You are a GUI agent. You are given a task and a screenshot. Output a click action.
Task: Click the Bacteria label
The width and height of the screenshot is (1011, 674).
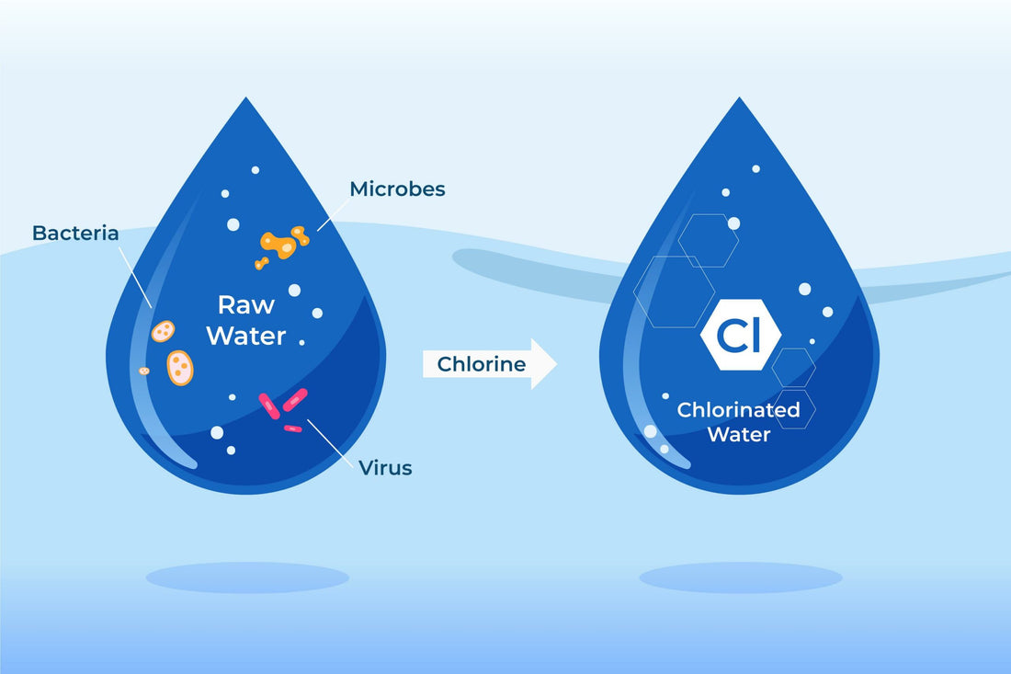[75, 234]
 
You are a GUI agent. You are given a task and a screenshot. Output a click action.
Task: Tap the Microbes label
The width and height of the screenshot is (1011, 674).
[397, 189]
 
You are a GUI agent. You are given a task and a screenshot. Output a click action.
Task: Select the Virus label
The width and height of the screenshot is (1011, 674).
[385, 468]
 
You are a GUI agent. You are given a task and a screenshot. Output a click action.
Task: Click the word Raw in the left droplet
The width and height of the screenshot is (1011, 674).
[246, 305]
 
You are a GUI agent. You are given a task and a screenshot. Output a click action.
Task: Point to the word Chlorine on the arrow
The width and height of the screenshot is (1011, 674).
[482, 364]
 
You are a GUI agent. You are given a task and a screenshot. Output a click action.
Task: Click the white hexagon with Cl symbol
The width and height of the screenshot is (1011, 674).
[740, 337]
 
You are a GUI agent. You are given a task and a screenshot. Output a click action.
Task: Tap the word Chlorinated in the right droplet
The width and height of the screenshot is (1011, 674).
[738, 410]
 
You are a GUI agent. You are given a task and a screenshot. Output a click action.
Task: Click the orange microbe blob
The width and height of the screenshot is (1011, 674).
[279, 244]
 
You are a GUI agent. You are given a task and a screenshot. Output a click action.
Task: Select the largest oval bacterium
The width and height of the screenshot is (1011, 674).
[180, 367]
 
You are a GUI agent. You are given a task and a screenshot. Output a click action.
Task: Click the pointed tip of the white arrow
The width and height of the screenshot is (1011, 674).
[555, 364]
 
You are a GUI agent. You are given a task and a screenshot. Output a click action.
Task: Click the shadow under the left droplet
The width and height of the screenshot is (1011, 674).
[247, 577]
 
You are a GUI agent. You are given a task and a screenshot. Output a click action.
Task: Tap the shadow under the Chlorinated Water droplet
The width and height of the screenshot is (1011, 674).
[741, 577]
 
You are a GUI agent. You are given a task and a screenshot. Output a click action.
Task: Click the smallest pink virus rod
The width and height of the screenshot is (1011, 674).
[292, 428]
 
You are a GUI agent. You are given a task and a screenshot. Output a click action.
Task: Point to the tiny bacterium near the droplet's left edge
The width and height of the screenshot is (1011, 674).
[144, 371]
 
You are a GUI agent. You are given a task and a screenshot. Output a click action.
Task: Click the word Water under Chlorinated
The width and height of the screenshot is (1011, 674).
[739, 434]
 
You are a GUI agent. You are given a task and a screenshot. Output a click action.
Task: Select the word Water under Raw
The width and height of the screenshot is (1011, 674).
[245, 336]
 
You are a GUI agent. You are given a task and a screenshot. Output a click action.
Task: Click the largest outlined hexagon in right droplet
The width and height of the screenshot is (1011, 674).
[675, 291]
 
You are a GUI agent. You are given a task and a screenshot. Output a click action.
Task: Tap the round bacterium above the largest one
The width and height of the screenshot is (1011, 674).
[164, 331]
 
